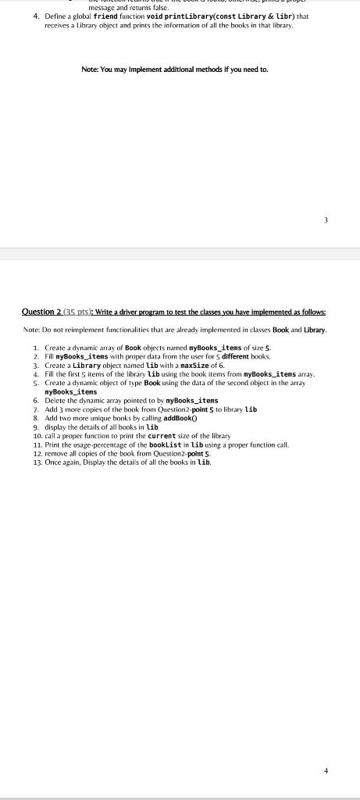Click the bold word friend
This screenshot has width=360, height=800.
(x=107, y=16)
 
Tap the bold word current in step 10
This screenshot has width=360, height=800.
(x=176, y=436)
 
